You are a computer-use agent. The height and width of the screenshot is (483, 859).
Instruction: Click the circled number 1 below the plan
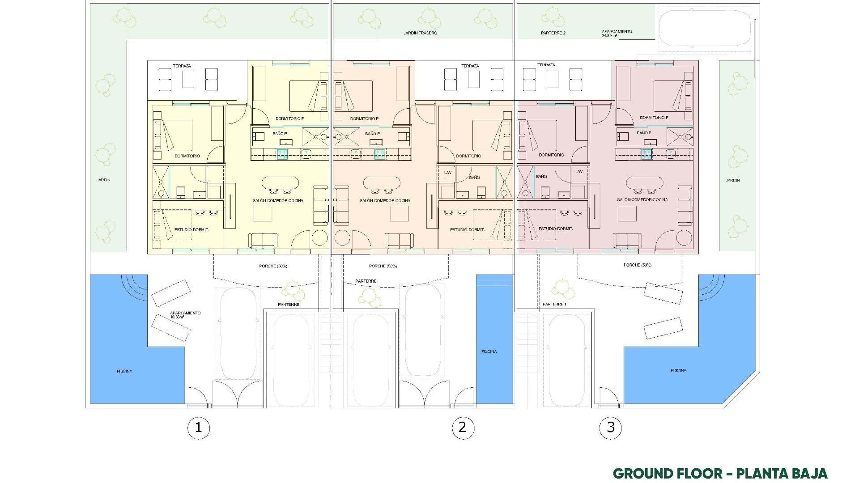coord(198,428)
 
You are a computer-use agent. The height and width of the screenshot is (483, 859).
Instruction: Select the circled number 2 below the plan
coord(463,428)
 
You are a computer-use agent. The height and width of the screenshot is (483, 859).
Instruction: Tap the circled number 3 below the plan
coord(611,428)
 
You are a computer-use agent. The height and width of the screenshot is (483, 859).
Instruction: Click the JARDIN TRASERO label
coord(420,33)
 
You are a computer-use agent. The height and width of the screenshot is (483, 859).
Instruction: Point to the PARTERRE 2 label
coord(553,33)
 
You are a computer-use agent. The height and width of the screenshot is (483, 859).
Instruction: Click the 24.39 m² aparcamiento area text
coord(609,36)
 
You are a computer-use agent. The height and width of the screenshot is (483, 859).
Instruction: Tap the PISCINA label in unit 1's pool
coord(124,371)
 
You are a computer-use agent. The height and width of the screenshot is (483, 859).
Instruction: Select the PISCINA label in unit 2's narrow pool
coord(489,352)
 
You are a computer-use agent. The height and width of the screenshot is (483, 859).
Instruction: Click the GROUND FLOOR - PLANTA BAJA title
coord(720,473)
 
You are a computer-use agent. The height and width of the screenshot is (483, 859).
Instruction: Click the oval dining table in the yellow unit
coord(280,183)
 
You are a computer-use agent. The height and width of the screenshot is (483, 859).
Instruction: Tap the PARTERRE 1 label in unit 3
coord(554,304)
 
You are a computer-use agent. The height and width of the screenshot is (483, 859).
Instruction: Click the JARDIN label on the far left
coord(103,180)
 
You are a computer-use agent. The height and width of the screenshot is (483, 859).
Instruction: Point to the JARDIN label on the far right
coord(733,180)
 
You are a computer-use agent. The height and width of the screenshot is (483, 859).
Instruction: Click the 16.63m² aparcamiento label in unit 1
coord(179,317)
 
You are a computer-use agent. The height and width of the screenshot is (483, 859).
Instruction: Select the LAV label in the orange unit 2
coord(448,172)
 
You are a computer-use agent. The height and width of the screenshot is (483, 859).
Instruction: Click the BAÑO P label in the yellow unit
coord(280,133)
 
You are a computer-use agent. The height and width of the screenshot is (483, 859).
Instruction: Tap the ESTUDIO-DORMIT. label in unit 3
coord(556,229)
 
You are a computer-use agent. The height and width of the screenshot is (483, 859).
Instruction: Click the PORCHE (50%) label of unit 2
coord(383,266)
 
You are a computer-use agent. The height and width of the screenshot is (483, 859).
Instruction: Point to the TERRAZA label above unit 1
coord(182,66)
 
